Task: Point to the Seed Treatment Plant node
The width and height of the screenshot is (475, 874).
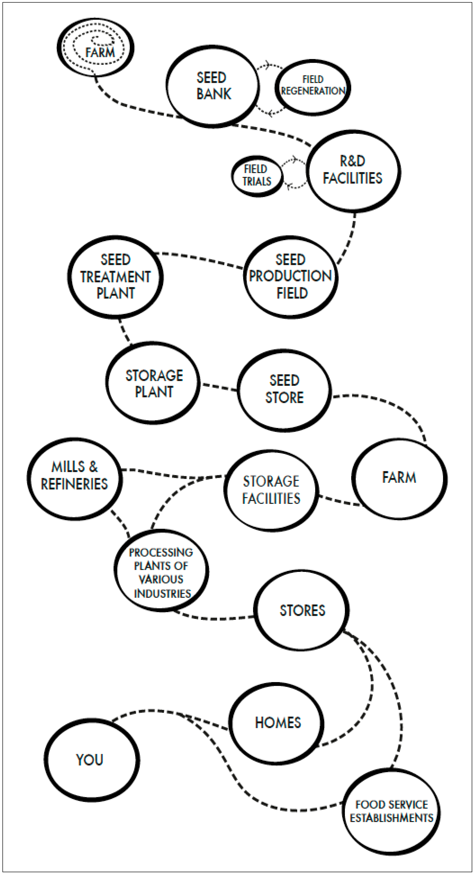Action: click(116, 276)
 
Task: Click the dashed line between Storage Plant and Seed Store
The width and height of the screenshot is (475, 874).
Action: click(219, 387)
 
